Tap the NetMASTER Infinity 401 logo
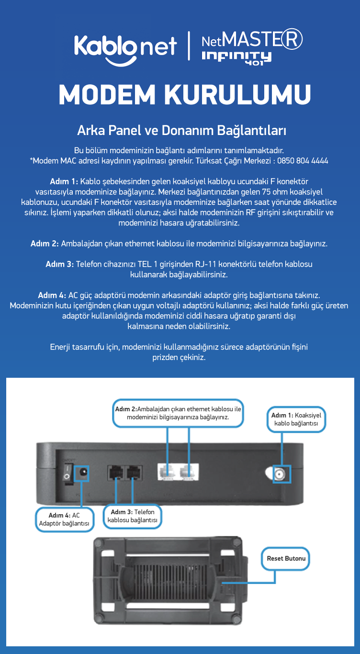(252, 47)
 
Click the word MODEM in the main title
(107, 95)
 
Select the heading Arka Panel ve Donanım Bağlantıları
(181, 131)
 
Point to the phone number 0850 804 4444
(303, 161)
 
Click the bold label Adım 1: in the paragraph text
(64, 181)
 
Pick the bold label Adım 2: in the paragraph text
(45, 244)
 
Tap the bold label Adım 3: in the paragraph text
(60, 264)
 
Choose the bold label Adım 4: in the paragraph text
(52, 295)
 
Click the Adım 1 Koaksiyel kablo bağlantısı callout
(296, 419)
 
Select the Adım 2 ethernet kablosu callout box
(178, 413)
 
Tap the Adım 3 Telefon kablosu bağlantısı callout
(132, 516)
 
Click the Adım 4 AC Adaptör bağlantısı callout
(65, 519)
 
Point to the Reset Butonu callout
(285, 559)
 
